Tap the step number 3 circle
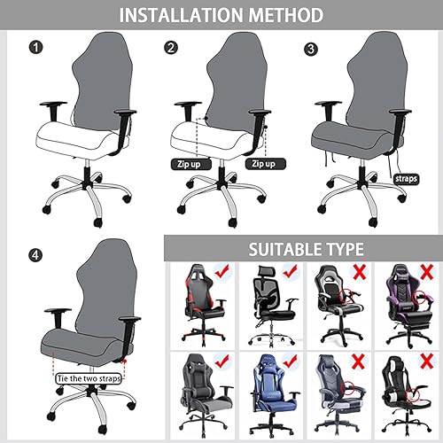tap(310, 48)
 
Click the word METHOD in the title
tap(289, 16)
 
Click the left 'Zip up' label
tap(189, 164)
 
